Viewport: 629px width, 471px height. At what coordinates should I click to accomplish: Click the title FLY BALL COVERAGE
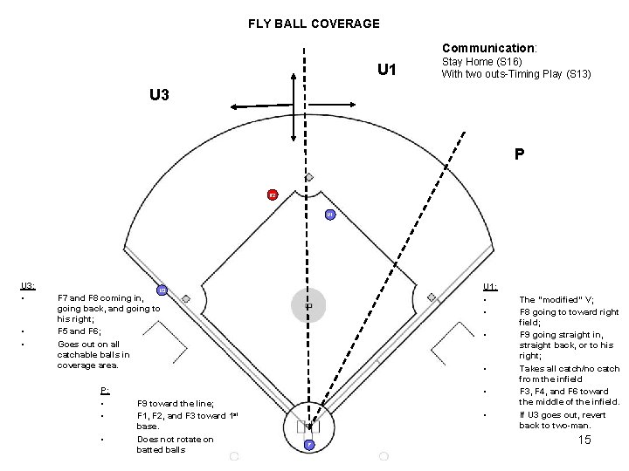pos(314,24)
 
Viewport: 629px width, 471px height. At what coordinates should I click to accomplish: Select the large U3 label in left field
pos(158,94)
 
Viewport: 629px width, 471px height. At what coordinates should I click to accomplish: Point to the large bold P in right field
pos(519,155)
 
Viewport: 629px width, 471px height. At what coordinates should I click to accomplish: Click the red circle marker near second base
pos(272,195)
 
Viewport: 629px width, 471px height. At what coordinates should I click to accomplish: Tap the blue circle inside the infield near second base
pos(329,214)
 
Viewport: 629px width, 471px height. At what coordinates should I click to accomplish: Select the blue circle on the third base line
pos(162,290)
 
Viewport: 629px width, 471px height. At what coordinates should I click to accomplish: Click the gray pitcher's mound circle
pos(308,305)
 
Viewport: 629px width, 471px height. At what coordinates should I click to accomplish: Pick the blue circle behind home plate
pos(309,446)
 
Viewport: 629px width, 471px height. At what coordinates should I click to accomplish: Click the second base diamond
pos(309,177)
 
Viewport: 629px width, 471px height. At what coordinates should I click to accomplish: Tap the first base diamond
pos(432,297)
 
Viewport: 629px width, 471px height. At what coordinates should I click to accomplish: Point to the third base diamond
pos(186,297)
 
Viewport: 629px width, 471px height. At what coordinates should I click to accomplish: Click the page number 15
pos(584,440)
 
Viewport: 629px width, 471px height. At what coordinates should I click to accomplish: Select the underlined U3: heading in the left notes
pos(27,285)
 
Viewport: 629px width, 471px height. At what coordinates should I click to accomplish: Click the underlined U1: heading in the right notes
pos(490,285)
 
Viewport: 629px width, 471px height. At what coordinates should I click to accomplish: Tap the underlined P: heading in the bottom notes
pos(105,390)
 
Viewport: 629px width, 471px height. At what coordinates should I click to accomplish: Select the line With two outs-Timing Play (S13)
pos(516,74)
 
